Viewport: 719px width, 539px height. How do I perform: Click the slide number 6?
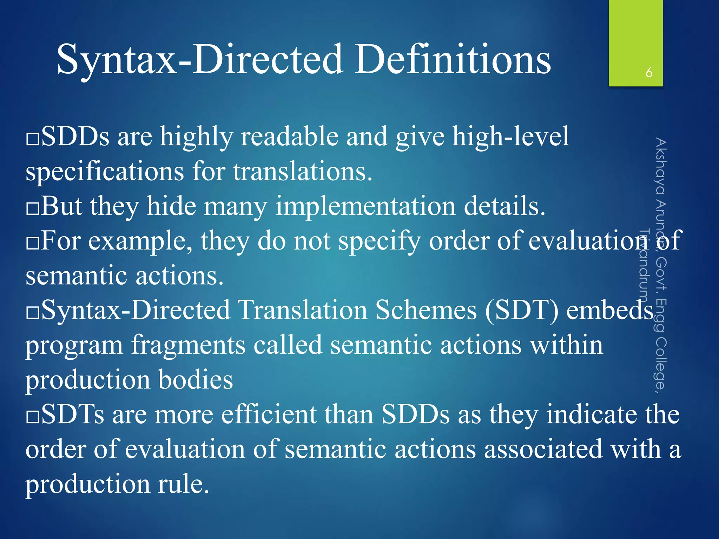[649, 72]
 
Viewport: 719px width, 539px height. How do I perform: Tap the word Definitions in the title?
[453, 60]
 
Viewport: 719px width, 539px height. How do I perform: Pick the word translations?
[302, 172]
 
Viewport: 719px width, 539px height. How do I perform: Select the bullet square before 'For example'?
[33, 243]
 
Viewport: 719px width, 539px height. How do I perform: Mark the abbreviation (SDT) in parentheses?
[521, 310]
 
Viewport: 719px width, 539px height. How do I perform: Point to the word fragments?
[188, 345]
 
